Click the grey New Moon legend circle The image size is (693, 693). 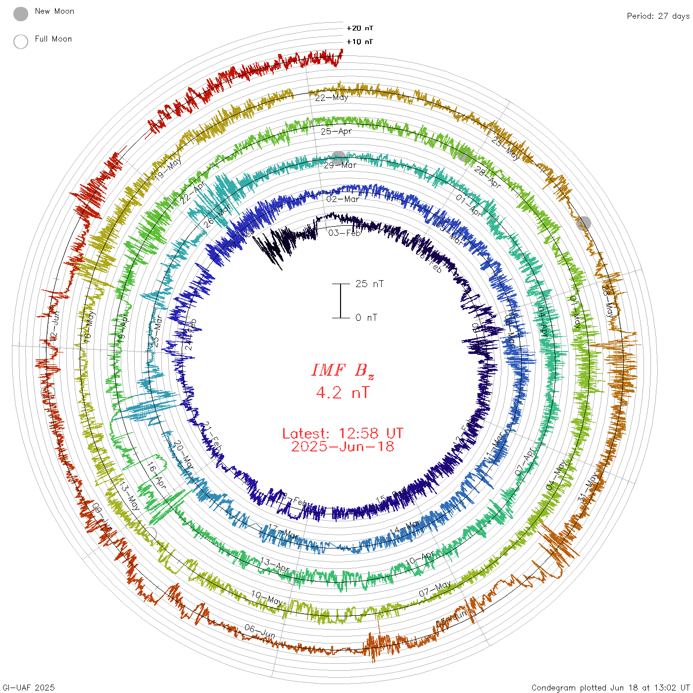point(21,14)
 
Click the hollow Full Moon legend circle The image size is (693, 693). point(21,42)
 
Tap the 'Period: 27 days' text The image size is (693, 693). point(658,16)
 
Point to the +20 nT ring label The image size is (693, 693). point(360,28)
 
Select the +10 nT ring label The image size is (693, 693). point(360,42)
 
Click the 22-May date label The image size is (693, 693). point(332,98)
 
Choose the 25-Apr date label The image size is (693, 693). point(336,131)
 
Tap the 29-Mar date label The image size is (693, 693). point(340,165)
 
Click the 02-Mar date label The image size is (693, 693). point(343,199)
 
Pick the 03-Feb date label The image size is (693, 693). point(345,233)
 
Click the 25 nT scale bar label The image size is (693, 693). point(369,284)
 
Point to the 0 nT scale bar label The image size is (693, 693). point(366,318)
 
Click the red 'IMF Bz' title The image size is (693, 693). point(343,370)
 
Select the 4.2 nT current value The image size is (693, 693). point(343,393)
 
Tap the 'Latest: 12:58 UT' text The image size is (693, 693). point(343,434)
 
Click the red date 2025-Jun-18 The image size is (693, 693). point(343,446)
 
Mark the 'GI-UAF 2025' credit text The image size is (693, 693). point(29,688)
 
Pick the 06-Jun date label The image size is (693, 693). point(260,632)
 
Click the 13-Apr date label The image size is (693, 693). point(274,564)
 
